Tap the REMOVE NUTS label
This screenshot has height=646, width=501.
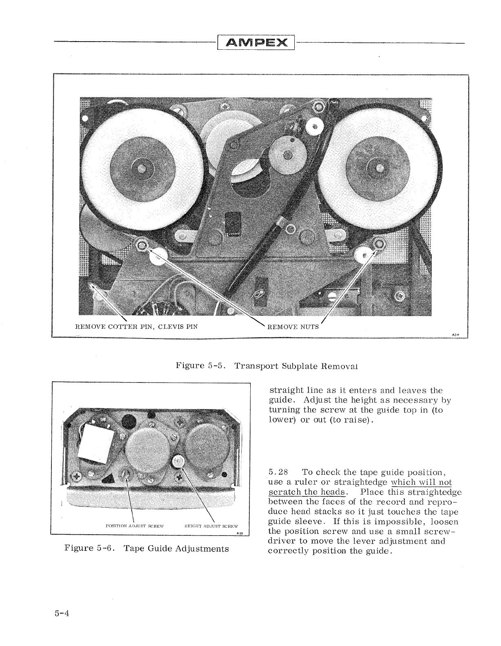coord(292,327)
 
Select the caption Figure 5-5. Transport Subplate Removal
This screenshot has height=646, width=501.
coord(267,365)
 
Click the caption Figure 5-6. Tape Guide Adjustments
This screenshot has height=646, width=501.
coord(147,548)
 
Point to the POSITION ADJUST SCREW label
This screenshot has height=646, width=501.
coord(134,526)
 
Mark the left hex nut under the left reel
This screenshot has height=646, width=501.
coord(142,245)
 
